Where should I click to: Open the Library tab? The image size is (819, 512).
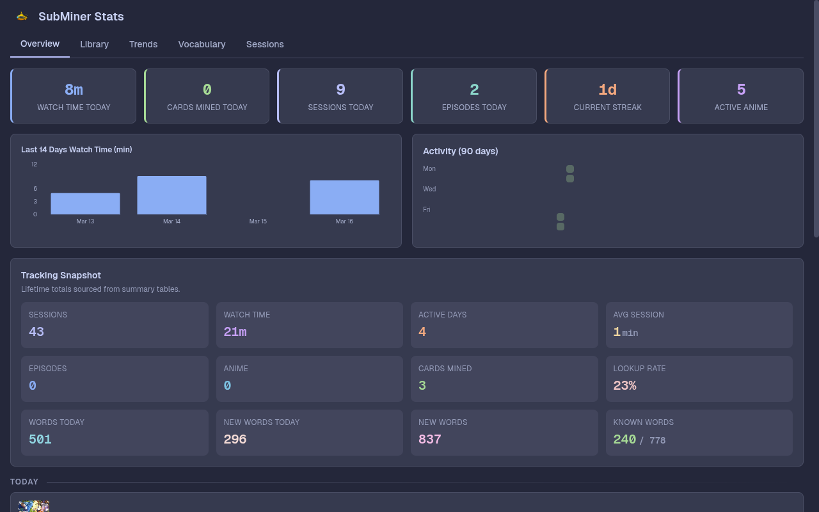point(94,44)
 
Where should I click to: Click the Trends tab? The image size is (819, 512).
point(143,44)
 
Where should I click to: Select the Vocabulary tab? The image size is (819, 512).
point(202,44)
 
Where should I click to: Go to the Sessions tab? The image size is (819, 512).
point(265,44)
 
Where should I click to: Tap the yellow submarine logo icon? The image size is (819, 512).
point(22,17)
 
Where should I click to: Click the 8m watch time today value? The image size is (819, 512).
point(74,90)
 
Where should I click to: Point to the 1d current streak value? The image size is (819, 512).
point(607,90)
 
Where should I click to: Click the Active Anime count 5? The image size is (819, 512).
point(741,90)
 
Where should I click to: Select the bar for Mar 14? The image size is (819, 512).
point(171,195)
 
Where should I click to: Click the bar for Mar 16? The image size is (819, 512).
point(344,197)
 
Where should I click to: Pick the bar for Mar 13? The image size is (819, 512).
point(85,204)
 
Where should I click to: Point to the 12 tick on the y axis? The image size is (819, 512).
point(34,164)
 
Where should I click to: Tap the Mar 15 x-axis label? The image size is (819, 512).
point(258,221)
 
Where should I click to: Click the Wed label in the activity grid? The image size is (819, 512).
point(429,189)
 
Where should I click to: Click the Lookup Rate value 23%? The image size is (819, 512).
point(624,385)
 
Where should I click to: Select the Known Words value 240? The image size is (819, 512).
point(624,439)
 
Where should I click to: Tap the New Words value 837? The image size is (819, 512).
point(429,439)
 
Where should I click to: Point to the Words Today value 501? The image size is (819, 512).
point(40,439)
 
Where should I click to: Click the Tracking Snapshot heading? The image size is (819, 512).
point(61,275)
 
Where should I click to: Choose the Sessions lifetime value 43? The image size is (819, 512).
point(36,332)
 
